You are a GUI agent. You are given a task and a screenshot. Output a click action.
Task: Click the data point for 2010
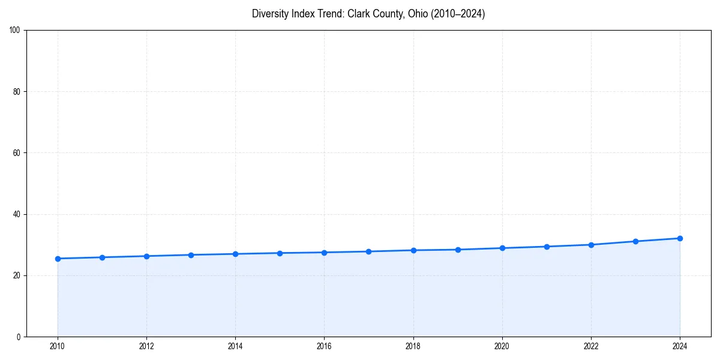(58, 259)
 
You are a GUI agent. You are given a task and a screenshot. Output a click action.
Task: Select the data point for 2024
(680, 238)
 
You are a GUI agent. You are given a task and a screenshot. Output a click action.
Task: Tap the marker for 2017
(368, 251)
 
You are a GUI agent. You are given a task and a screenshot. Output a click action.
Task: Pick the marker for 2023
(635, 241)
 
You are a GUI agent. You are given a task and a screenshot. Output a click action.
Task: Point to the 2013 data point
(191, 255)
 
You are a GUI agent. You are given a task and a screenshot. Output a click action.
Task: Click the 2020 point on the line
(502, 248)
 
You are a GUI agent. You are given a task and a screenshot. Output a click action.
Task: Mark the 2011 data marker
(102, 257)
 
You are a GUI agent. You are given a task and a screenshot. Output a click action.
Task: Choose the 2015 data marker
(280, 253)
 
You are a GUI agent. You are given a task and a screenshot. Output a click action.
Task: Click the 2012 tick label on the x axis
(146, 346)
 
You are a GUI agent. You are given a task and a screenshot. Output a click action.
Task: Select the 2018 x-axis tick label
(413, 346)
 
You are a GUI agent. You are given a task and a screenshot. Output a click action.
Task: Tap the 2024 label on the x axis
(680, 346)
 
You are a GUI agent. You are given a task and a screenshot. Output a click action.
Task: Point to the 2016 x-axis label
(324, 346)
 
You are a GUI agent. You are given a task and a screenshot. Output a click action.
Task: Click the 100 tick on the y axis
(15, 31)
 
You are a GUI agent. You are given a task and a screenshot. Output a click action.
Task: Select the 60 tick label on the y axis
(17, 153)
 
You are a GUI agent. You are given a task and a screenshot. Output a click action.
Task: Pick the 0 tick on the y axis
(19, 337)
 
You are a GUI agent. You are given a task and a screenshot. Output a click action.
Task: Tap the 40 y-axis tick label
(17, 214)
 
